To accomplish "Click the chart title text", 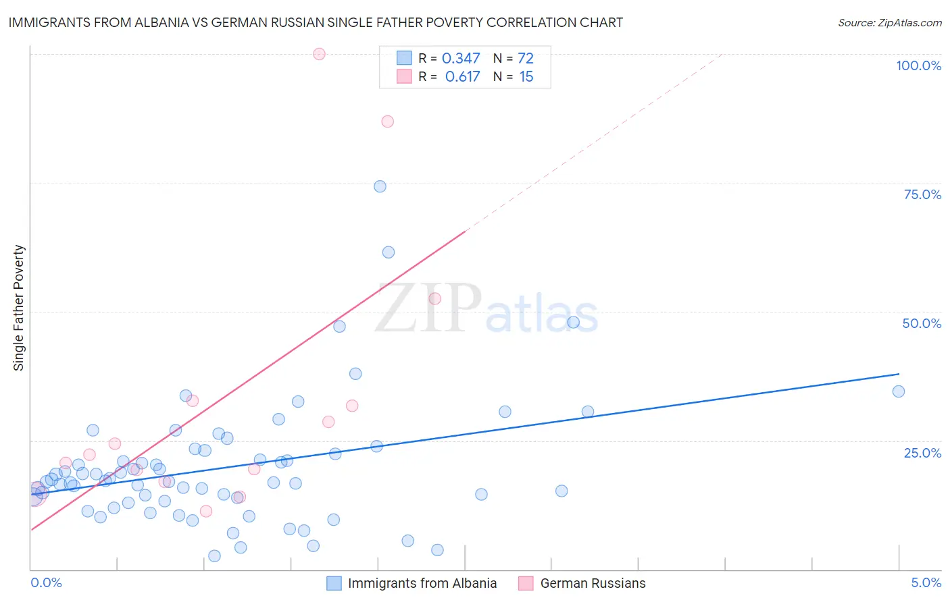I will click(x=316, y=23).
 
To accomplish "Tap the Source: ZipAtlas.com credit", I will click(x=889, y=23).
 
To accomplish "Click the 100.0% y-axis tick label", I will click(x=918, y=65).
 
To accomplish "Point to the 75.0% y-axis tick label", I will click(x=922, y=194).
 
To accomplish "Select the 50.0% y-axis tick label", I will click(x=922, y=323).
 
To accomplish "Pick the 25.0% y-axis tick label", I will click(x=922, y=452).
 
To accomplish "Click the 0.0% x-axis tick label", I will click(x=46, y=582).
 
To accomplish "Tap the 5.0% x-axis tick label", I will click(x=926, y=582).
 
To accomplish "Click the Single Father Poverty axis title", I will click(x=19, y=308).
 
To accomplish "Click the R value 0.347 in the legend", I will click(x=461, y=59).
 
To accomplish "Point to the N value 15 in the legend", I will click(x=526, y=77).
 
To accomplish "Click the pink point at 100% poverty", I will click(x=319, y=54).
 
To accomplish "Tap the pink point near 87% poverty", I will click(x=387, y=121).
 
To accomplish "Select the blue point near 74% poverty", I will click(x=380, y=186).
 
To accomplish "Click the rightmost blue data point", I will click(x=898, y=391).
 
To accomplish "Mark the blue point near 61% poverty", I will click(x=388, y=252).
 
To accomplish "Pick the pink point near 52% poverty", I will click(x=434, y=298).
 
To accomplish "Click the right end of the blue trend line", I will click(x=899, y=374).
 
